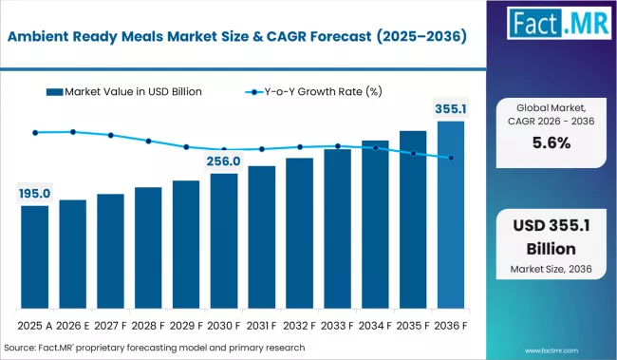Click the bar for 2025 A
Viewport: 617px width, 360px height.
click(35, 256)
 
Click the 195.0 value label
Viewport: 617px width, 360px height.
click(35, 194)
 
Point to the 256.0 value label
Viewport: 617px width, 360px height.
click(224, 161)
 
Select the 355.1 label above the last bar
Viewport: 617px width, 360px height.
click(451, 108)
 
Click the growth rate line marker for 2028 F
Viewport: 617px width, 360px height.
click(148, 141)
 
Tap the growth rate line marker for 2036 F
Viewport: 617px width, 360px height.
click(451, 158)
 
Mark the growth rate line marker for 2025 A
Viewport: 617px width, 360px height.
click(35, 132)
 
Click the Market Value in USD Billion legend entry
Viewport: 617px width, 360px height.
click(123, 92)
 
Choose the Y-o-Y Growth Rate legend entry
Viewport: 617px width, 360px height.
click(313, 92)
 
